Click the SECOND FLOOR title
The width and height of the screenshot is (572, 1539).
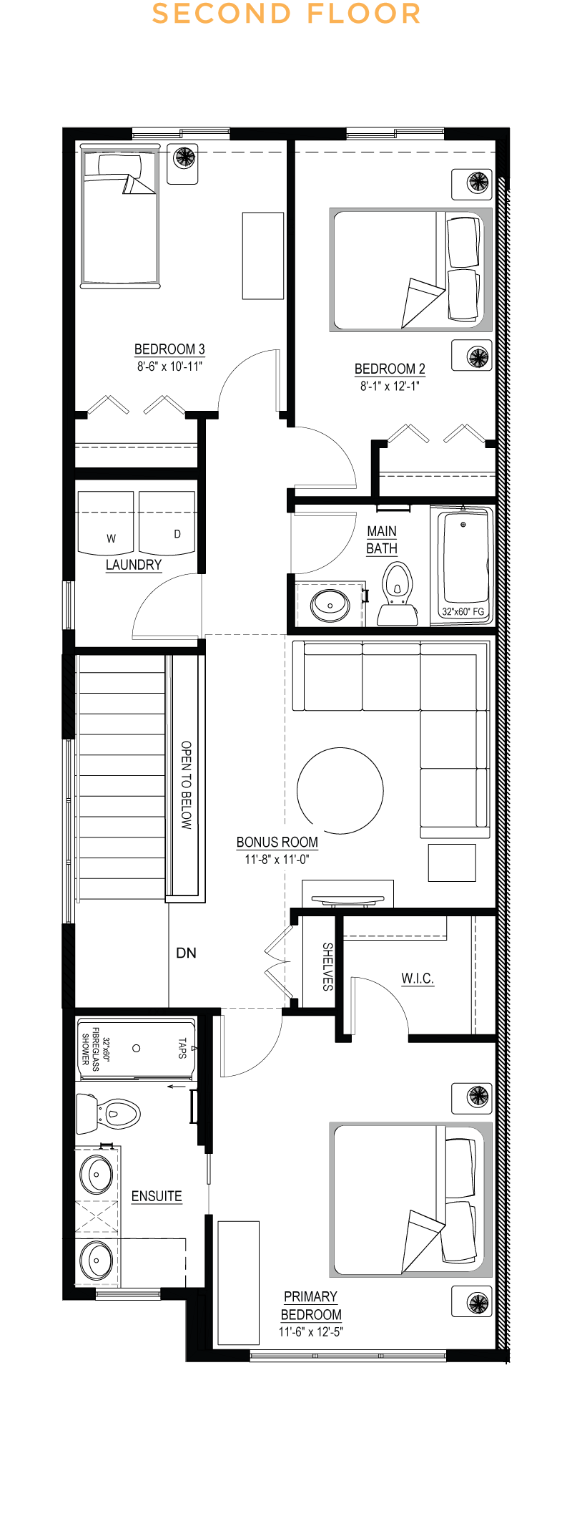[286, 14]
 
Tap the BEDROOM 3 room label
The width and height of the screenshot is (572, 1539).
[169, 349]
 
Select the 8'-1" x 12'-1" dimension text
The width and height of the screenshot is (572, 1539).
[390, 386]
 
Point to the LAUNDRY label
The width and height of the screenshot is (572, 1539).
[134, 565]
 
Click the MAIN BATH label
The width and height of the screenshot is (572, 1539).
[382, 540]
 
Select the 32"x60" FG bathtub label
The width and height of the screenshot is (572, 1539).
[463, 611]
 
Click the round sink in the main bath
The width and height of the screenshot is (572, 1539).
[330, 605]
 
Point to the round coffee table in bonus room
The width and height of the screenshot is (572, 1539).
[340, 790]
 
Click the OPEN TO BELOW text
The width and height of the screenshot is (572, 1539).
[186, 785]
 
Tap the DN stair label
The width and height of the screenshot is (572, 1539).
[186, 953]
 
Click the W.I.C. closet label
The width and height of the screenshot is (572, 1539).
[418, 978]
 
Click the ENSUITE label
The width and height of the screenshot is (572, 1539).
[157, 1196]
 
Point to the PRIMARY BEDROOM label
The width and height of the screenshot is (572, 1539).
[311, 1306]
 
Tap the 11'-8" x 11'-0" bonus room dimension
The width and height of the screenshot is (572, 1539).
[277, 859]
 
